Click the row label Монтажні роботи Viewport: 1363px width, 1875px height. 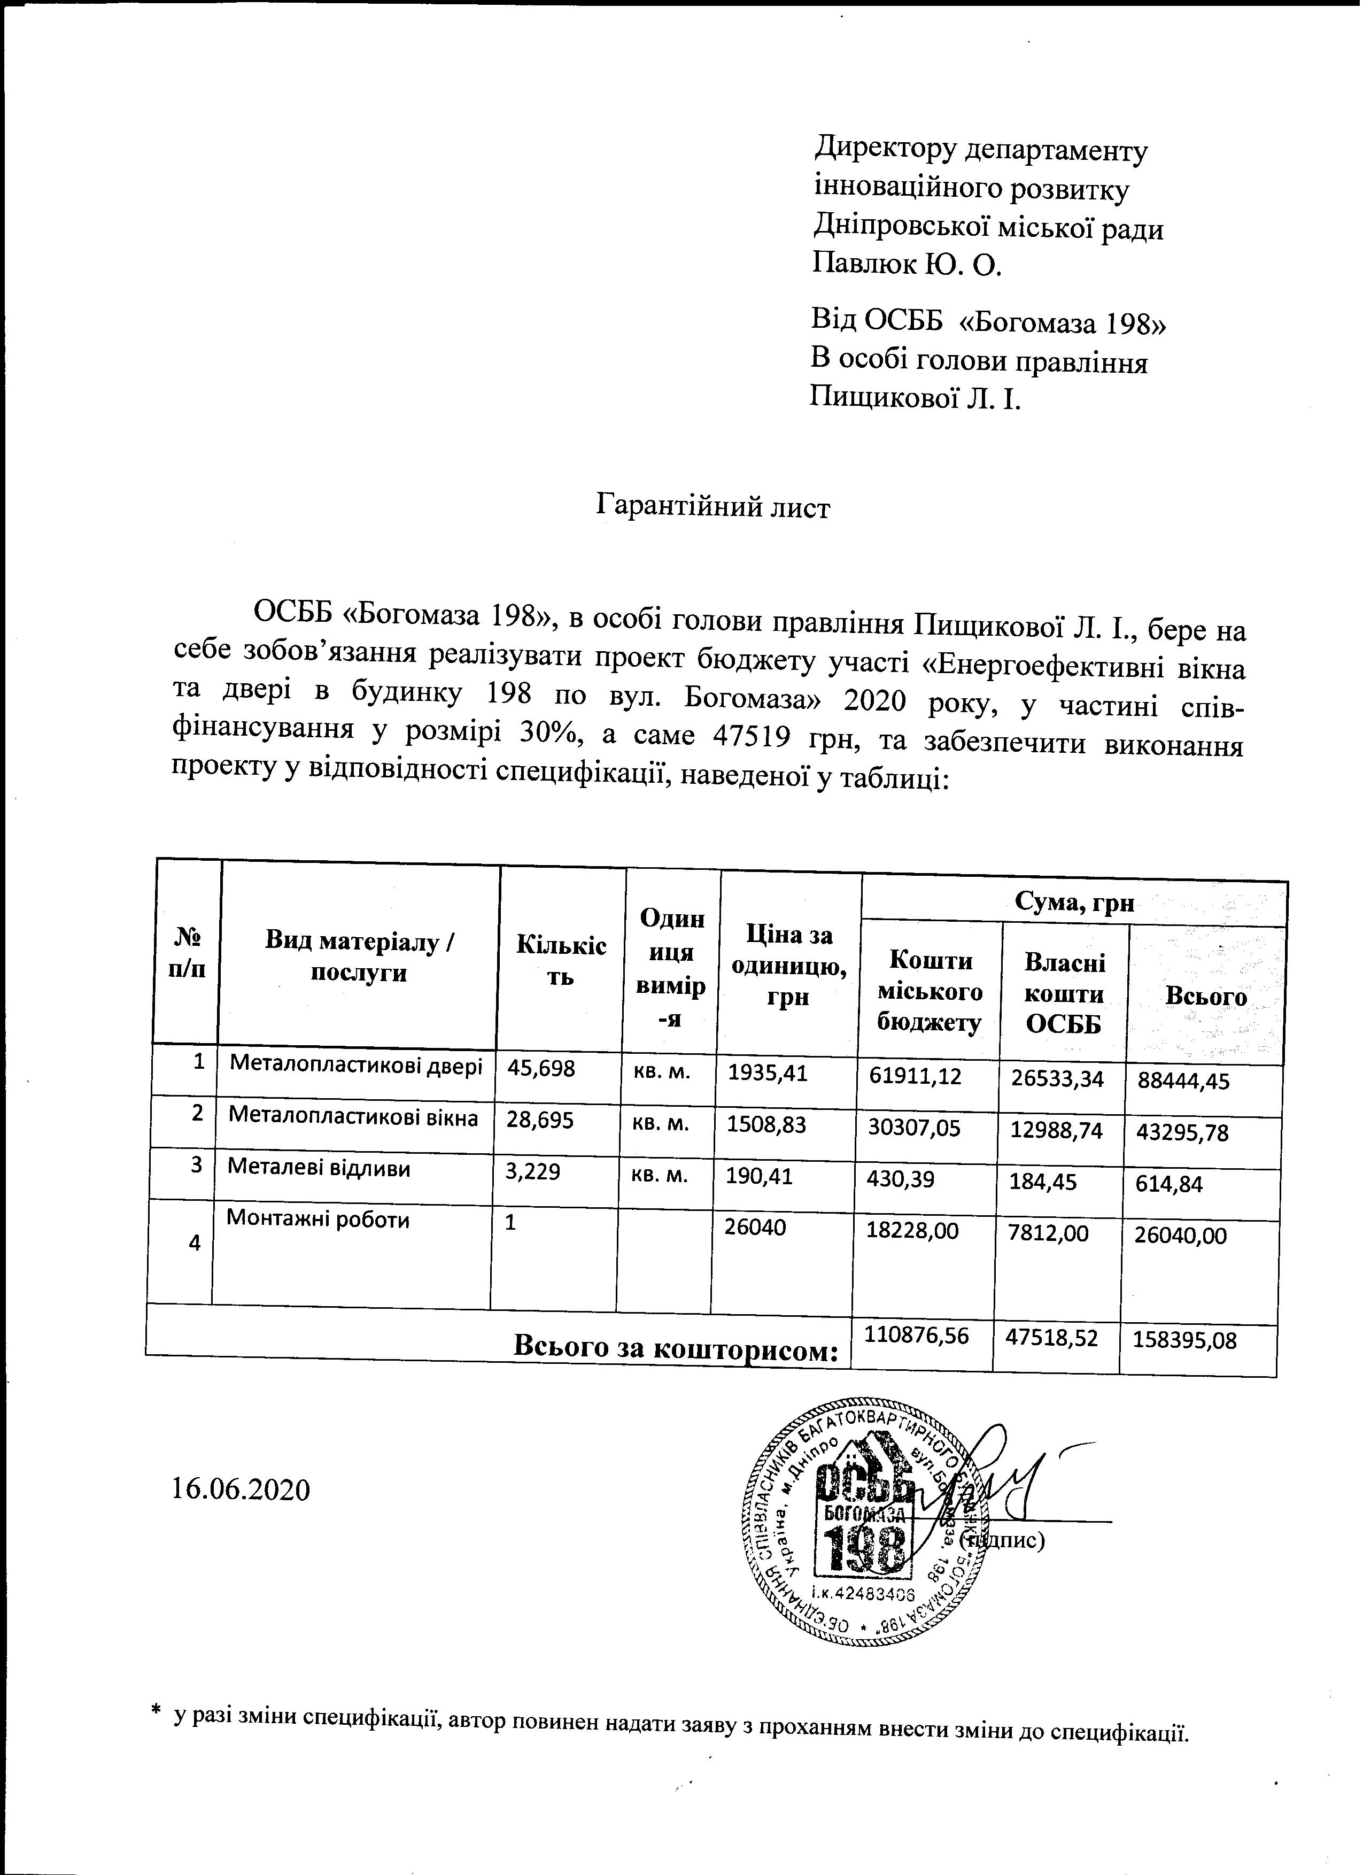click(x=317, y=1220)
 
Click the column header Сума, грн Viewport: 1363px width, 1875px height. click(x=1073, y=904)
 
